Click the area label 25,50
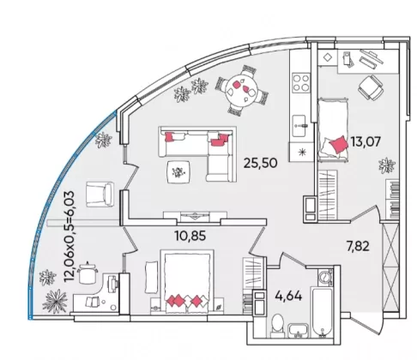coord(260,163)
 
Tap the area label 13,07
coord(366,141)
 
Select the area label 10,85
coord(190,236)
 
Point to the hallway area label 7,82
coord(358,246)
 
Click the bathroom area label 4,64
coord(288,296)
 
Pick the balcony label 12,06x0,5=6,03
coord(69,237)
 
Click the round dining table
coord(240,89)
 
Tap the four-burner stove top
coord(301,82)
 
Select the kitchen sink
coord(299,125)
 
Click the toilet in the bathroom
coord(277,325)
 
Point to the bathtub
coord(323,312)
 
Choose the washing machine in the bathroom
coord(325,277)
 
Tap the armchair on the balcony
coord(100,194)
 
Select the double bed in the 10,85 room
coord(187,282)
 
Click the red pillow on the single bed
coord(339,144)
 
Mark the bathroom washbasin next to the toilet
coord(299,331)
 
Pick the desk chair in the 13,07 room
coord(371,87)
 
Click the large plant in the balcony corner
coord(55,301)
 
